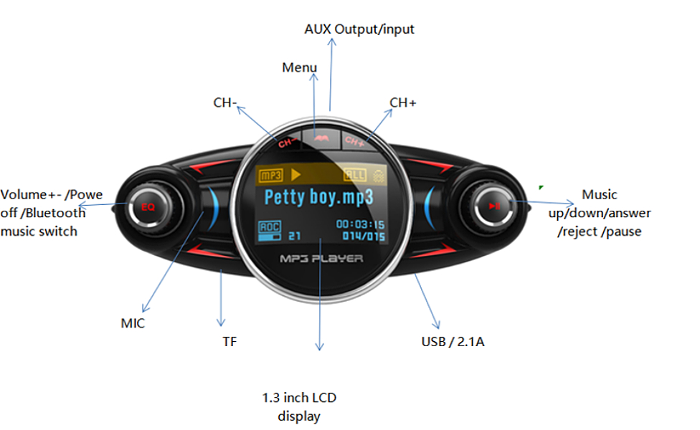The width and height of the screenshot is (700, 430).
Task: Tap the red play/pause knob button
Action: (x=495, y=206)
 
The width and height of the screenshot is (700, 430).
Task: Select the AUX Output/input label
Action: (x=359, y=29)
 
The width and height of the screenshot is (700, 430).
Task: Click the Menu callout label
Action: (x=299, y=67)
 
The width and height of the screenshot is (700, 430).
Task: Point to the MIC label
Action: (x=133, y=323)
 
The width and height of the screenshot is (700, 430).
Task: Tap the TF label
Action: (x=230, y=342)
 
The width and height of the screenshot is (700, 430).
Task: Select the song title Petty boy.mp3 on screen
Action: (x=319, y=197)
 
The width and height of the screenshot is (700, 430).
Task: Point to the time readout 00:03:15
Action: (x=360, y=224)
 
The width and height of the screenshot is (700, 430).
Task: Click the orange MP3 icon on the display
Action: (x=272, y=174)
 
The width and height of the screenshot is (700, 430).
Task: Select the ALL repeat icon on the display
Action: (x=354, y=175)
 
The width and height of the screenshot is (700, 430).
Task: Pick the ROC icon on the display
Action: (x=270, y=229)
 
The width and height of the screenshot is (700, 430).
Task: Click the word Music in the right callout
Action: (x=600, y=194)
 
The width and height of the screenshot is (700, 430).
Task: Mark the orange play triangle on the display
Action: (x=295, y=174)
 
